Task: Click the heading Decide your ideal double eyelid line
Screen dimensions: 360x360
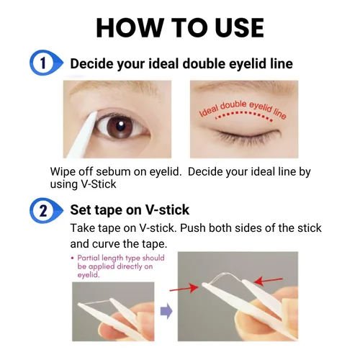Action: [181, 63]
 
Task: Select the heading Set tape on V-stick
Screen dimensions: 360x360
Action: [130, 210]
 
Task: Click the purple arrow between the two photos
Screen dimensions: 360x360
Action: [166, 312]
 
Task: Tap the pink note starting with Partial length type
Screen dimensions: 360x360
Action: [115, 266]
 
